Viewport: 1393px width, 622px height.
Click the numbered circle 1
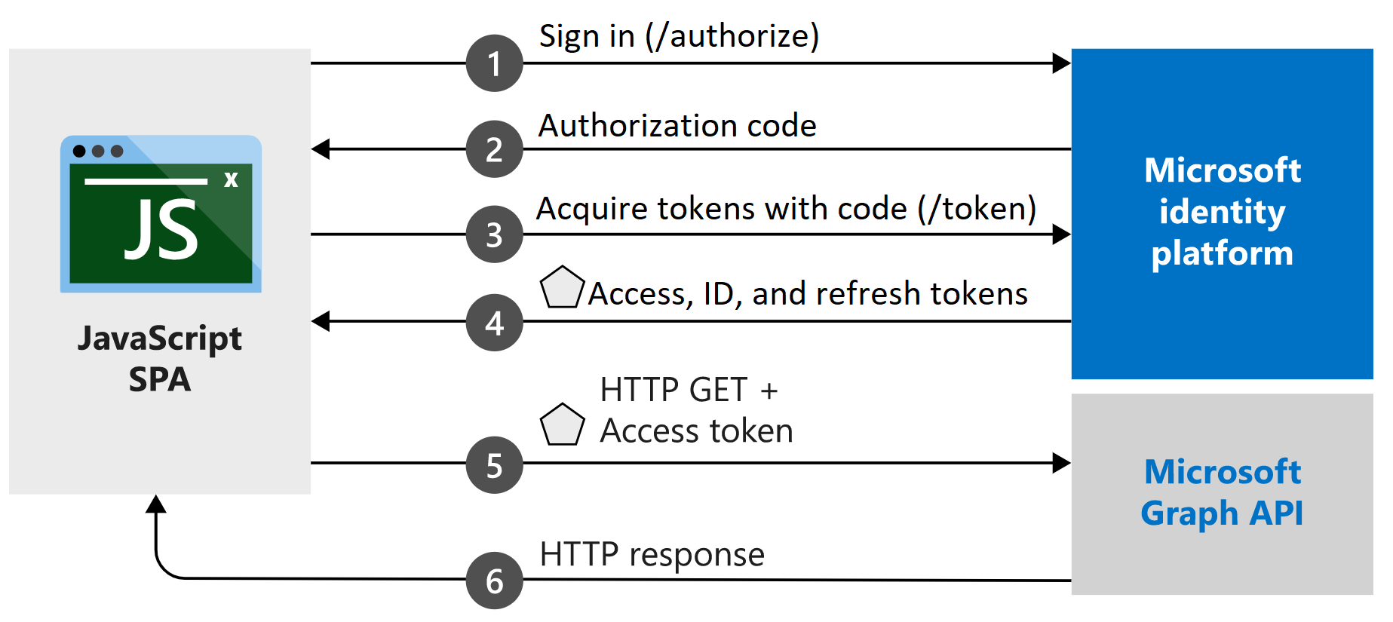coord(494,63)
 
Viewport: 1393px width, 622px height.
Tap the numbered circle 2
coord(494,149)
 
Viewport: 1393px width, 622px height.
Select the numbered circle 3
coord(494,234)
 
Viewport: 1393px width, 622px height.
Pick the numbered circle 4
coord(494,323)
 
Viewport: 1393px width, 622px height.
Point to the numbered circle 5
coord(494,465)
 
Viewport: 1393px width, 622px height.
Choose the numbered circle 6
coord(494,581)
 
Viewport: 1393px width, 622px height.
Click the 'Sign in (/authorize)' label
coord(679,36)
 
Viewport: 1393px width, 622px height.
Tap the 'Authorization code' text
coord(677,125)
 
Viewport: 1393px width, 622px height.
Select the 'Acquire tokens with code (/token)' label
coord(786,208)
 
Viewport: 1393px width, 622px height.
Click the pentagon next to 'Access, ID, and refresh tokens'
coord(562,288)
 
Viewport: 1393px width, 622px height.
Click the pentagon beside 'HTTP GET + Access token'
coord(562,425)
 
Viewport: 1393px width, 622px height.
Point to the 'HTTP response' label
coord(652,554)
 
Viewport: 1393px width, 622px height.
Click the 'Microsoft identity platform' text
coord(1222,212)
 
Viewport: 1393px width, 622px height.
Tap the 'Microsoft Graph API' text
coord(1222,492)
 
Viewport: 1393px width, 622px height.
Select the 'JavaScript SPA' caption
coord(160,358)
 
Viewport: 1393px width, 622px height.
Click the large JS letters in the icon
coord(161,230)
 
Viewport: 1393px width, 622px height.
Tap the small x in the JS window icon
coord(231,179)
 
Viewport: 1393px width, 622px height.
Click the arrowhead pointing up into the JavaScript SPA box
coord(156,504)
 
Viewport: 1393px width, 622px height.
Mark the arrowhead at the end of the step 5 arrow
coord(1062,463)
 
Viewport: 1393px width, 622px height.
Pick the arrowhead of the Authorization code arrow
coord(321,149)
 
